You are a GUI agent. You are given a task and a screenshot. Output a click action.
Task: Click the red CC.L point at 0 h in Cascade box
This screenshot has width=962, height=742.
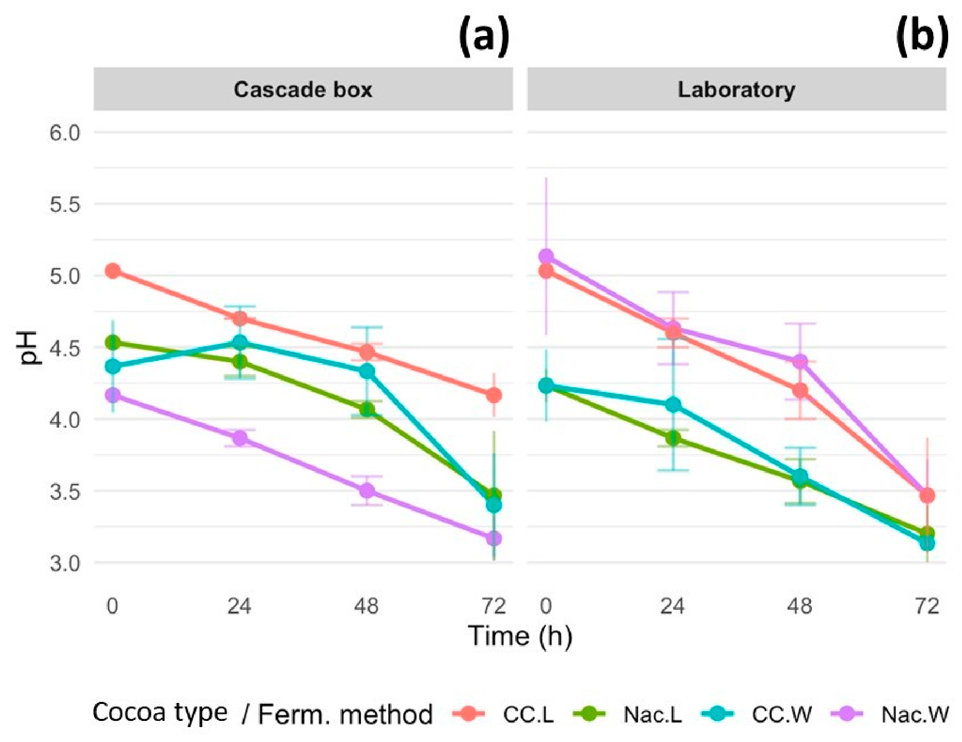(113, 270)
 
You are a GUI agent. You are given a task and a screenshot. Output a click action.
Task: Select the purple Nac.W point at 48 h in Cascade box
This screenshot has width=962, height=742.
(367, 491)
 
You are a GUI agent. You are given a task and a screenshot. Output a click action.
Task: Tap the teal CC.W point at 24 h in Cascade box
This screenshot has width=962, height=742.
(240, 342)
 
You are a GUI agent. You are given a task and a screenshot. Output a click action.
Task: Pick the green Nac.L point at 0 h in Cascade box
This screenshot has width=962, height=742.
(113, 342)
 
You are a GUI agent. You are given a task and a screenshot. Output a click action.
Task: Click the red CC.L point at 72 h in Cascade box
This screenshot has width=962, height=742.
(494, 395)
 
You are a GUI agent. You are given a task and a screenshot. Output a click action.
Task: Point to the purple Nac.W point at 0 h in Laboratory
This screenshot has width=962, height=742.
(546, 256)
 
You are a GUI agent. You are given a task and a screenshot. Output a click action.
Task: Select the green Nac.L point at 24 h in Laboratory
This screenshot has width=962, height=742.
(673, 438)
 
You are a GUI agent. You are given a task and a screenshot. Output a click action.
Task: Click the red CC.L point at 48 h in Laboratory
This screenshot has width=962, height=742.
(800, 390)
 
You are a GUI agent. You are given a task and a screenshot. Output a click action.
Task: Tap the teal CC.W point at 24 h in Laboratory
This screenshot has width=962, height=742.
(673, 405)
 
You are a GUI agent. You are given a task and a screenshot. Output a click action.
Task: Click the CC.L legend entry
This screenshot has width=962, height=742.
(503, 714)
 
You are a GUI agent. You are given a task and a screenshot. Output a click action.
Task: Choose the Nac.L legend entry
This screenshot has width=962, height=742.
(627, 714)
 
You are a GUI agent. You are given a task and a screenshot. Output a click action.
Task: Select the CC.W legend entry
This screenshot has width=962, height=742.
(756, 714)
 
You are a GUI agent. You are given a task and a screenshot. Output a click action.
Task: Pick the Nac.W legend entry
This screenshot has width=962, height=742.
(890, 714)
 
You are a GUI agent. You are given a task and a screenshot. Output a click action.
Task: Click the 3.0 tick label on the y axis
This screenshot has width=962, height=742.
(65, 563)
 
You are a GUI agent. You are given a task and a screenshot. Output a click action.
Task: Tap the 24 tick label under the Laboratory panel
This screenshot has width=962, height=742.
(673, 607)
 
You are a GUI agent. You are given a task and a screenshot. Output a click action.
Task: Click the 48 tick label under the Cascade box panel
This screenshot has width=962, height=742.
(367, 607)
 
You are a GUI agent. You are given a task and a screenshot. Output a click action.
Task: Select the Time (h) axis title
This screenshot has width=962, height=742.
(520, 637)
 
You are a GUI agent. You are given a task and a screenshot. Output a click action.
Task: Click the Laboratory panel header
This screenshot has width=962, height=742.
(736, 89)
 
